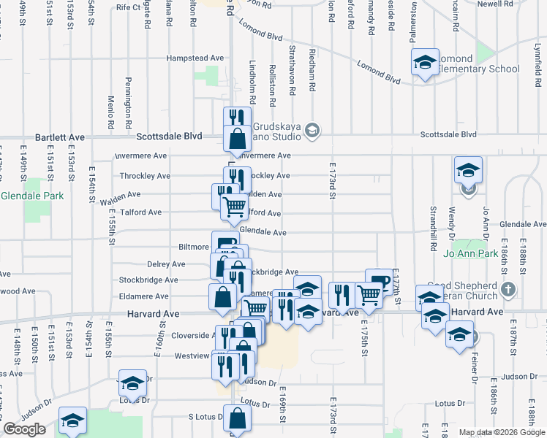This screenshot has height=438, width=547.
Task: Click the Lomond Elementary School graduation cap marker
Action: (424, 64)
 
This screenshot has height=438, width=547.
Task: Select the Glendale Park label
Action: (32, 196)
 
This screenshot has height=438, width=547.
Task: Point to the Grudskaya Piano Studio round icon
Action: (312, 130)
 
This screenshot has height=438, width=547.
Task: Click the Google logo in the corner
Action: (24, 429)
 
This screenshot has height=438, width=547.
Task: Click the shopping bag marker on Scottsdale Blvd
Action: (238, 139)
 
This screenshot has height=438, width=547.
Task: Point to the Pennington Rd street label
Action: (128, 99)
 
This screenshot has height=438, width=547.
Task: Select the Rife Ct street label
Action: (128, 7)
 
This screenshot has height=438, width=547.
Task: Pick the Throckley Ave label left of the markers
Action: (145, 176)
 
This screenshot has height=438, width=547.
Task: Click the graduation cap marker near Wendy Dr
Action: (468, 171)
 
